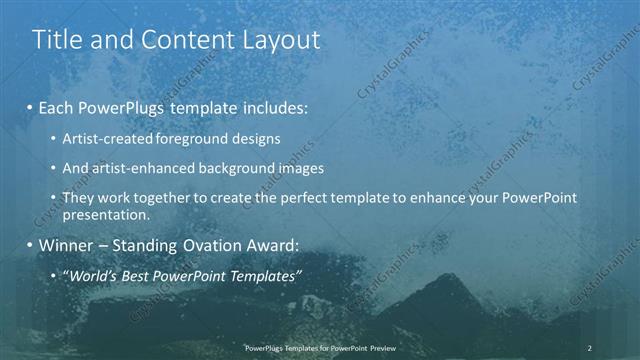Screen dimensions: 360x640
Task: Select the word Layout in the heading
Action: (x=280, y=40)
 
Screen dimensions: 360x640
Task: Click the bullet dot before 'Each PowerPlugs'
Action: (x=31, y=105)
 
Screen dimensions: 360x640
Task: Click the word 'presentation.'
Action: (x=106, y=214)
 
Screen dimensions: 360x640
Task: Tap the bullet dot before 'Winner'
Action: (x=31, y=245)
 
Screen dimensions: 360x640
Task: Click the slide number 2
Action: (x=590, y=348)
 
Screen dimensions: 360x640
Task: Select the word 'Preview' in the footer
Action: (x=379, y=348)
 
